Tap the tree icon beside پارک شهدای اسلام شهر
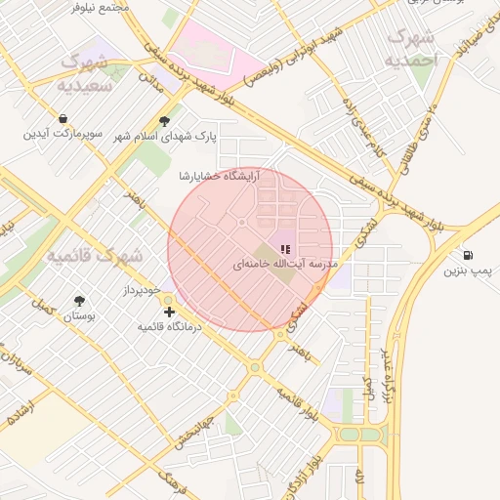(167, 122)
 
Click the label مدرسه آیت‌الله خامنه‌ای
(285, 265)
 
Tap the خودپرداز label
(140, 291)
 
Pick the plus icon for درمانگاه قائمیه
(170, 312)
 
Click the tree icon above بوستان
(79, 301)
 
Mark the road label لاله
(358, 478)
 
